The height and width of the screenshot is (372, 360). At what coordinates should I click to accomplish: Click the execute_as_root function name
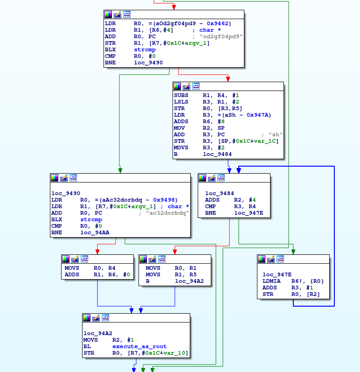tap(139, 346)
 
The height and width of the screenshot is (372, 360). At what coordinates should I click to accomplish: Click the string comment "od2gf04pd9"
tap(221, 36)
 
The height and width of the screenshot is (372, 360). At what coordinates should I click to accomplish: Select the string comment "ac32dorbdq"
tap(167, 213)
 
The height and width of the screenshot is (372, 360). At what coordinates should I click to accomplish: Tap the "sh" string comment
tap(276, 134)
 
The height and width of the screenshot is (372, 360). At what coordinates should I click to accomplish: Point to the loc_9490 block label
tap(66, 193)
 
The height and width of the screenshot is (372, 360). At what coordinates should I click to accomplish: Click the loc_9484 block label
tap(220, 193)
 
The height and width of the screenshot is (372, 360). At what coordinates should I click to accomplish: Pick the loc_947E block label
tap(277, 274)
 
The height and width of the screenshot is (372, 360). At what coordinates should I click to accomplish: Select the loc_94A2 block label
tap(97, 333)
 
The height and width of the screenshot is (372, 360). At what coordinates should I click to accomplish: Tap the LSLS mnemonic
tap(181, 102)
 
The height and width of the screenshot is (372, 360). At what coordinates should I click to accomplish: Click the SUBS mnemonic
tap(181, 95)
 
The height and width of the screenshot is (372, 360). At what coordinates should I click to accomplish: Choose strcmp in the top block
tap(145, 49)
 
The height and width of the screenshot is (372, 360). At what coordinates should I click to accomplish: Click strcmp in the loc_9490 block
tap(91, 219)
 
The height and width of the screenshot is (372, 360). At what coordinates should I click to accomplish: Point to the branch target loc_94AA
tap(95, 232)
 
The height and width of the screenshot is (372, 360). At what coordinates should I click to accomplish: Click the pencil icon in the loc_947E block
tap(271, 259)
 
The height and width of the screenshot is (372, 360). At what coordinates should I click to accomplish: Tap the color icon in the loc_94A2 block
tap(87, 318)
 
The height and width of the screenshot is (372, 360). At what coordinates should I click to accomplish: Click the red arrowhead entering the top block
tap(174, 7)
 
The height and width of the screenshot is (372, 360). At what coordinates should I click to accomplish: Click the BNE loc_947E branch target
tap(249, 213)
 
